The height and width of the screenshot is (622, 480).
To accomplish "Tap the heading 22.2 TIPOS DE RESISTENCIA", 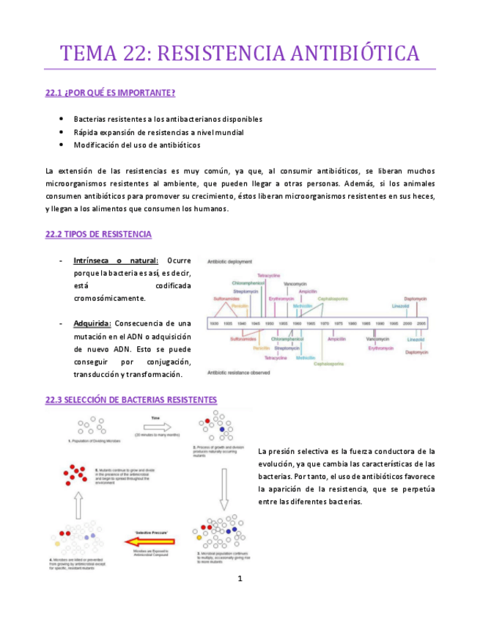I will click(x=98, y=235).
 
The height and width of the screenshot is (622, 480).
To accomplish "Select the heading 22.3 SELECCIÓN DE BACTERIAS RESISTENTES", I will click(x=130, y=400).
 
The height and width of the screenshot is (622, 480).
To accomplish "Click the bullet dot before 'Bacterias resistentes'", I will click(x=59, y=119).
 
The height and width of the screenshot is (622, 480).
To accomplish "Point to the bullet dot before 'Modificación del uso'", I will click(x=59, y=145).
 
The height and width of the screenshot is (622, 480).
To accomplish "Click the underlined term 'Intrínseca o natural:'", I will click(x=116, y=260).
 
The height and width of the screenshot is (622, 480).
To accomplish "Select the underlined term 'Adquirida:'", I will click(x=92, y=323).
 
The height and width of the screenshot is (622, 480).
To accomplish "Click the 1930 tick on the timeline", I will click(x=214, y=323).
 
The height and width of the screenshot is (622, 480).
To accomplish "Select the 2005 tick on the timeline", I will click(x=422, y=323).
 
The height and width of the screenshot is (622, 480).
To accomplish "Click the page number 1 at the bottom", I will click(x=240, y=579).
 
